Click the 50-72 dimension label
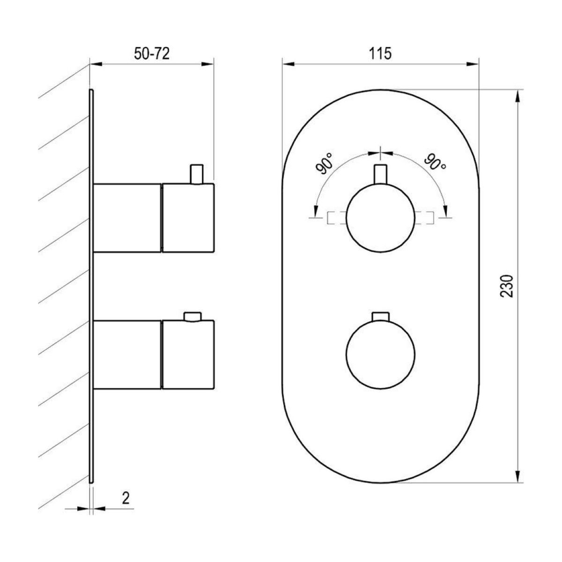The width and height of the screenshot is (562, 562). (151, 54)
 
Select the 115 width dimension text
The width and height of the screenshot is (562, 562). (380, 54)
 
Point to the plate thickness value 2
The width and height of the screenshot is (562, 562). (126, 498)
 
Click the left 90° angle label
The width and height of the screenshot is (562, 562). (324, 164)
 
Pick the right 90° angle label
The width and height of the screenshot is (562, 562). (435, 163)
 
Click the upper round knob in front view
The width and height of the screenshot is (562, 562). (380, 217)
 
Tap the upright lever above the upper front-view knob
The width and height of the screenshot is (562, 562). (380, 174)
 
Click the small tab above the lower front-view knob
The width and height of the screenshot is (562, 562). (380, 317)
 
